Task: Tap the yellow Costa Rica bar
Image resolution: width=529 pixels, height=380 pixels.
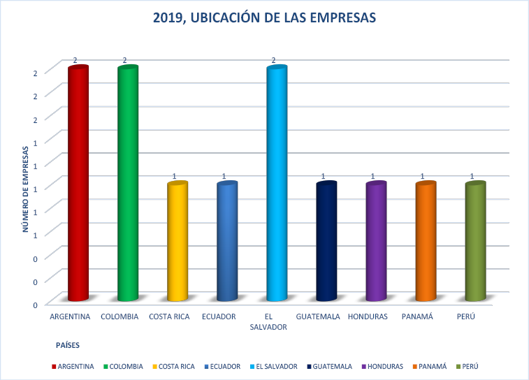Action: click(x=177, y=241)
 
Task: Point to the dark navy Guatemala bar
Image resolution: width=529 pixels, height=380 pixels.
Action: click(x=326, y=241)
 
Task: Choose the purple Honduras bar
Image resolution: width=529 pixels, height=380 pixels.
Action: click(x=376, y=241)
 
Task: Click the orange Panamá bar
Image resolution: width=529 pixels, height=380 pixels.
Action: click(x=426, y=241)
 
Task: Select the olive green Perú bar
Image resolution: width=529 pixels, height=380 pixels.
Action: click(x=475, y=241)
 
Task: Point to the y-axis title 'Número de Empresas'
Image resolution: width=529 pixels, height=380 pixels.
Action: click(x=25, y=188)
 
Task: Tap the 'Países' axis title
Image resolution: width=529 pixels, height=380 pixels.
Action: click(x=68, y=344)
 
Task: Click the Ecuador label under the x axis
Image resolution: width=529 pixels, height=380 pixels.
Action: click(x=219, y=316)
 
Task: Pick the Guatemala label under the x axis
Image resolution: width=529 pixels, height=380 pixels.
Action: click(x=318, y=316)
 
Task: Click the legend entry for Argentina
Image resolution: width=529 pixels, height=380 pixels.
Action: click(x=75, y=366)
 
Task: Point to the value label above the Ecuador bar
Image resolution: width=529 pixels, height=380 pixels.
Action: click(x=224, y=176)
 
